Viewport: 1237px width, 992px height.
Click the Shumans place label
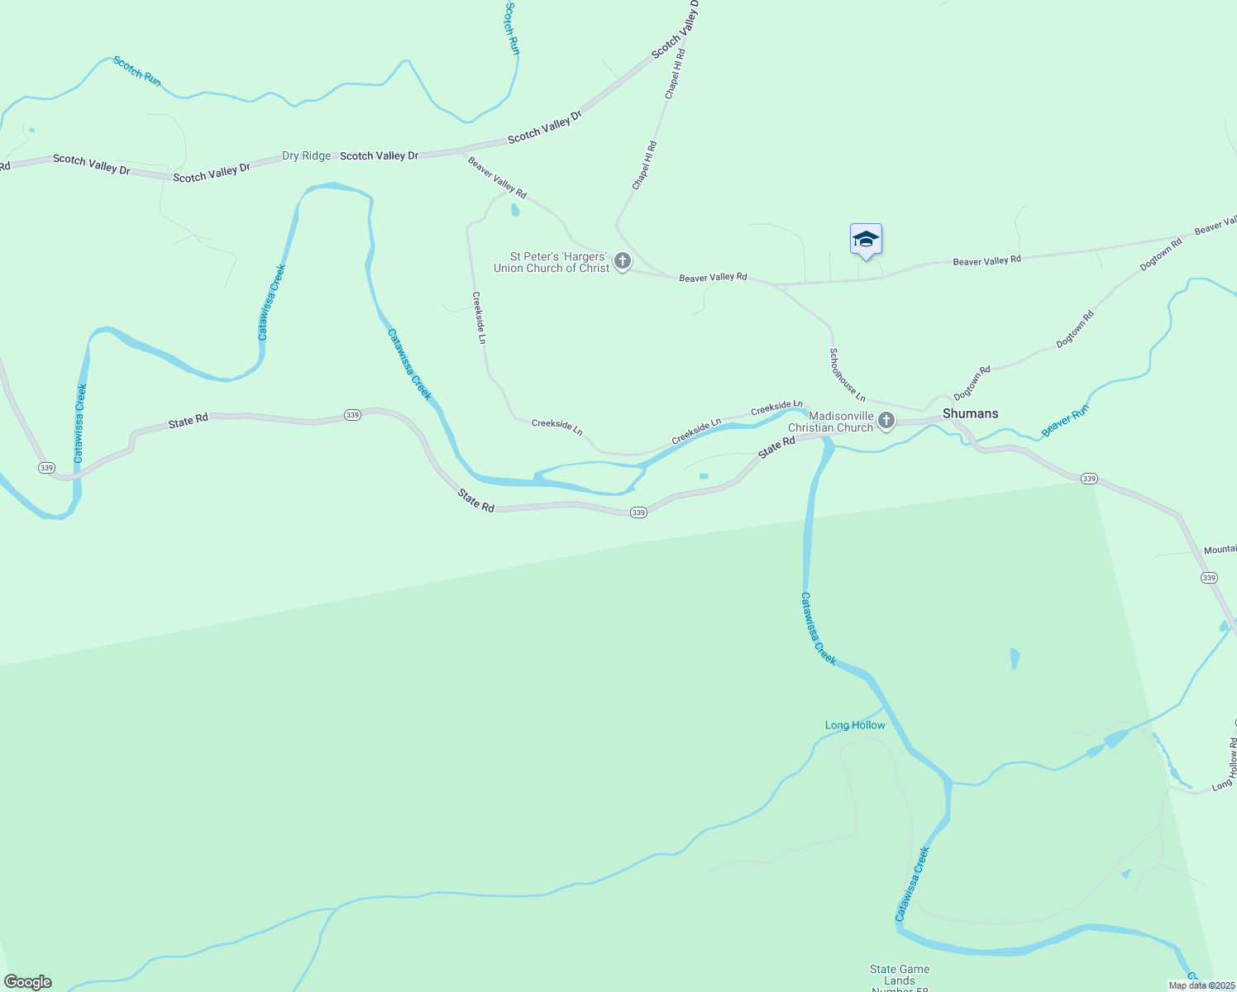click(x=970, y=413)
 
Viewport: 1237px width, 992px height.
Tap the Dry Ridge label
click(x=306, y=155)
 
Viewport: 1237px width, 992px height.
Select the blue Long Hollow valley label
click(x=855, y=725)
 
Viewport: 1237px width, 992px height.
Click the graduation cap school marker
click(x=866, y=240)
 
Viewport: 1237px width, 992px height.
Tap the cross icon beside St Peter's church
click(x=623, y=262)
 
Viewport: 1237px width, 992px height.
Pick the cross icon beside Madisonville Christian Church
click(x=886, y=422)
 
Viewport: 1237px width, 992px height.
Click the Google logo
click(x=28, y=982)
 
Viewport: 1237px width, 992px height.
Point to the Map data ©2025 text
click(x=1201, y=985)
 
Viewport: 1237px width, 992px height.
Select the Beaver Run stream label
click(x=1065, y=420)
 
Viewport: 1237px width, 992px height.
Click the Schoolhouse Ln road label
click(x=848, y=374)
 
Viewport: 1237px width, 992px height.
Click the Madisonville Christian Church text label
click(x=831, y=422)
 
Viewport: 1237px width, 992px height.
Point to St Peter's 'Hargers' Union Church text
click(x=552, y=262)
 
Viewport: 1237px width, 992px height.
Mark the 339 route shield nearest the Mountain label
click(x=1209, y=578)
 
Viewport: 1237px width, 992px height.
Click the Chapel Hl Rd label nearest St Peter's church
click(x=644, y=166)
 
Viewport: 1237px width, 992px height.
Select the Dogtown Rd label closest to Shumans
click(x=972, y=384)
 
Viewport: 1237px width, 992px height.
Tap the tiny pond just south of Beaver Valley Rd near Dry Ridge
click(x=515, y=210)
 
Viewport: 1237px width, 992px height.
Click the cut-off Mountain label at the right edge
click(x=1220, y=550)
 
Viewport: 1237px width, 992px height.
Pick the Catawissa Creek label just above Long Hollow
click(x=819, y=628)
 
